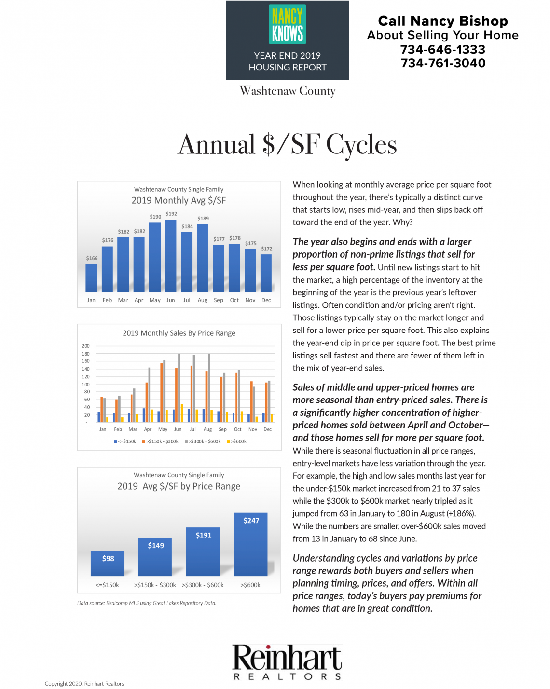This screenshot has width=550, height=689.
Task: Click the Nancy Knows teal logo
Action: [x=287, y=24]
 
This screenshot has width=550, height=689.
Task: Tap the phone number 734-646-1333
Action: [x=443, y=49]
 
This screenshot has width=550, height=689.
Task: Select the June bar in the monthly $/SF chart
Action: [x=171, y=256]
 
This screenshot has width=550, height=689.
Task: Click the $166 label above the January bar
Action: [x=92, y=258]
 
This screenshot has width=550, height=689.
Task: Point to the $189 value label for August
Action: [x=203, y=219]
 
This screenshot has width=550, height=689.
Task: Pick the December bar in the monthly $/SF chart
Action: [x=266, y=273]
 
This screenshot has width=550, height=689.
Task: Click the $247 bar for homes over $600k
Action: [x=250, y=544]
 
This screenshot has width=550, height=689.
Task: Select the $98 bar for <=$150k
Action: [x=108, y=564]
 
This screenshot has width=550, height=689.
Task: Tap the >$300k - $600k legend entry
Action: [x=203, y=441]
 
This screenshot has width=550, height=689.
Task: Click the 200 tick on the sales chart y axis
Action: [x=85, y=346]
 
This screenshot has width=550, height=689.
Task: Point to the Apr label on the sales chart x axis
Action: [x=148, y=429]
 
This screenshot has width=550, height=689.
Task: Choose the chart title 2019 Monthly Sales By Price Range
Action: [x=179, y=333]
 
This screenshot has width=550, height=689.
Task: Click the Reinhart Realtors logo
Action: [x=287, y=661]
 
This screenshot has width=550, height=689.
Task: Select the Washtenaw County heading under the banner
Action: [x=288, y=91]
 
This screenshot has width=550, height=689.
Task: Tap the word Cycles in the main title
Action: [x=361, y=145]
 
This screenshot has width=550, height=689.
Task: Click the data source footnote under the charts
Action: [x=147, y=603]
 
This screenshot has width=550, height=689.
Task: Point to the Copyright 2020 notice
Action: [x=84, y=684]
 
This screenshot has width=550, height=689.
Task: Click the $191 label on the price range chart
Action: [x=204, y=535]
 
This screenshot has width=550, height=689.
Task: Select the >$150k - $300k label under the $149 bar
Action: [x=155, y=585]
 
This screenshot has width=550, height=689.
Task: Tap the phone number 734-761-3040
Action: [x=443, y=63]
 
